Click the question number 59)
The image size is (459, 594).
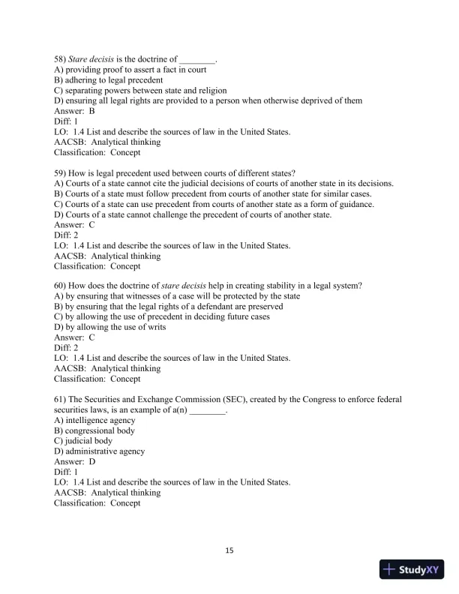pos(60,173)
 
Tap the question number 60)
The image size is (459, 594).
pos(60,285)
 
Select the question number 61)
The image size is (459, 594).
pos(60,400)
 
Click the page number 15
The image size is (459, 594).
pos(229,551)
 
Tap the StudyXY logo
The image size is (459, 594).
pos(412,569)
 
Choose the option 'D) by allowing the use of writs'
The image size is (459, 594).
pos(110,327)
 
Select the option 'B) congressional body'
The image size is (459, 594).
pos(94,431)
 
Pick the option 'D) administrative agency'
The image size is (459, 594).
pos(100,452)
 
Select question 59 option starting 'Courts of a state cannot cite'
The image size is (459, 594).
pos(224,184)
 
